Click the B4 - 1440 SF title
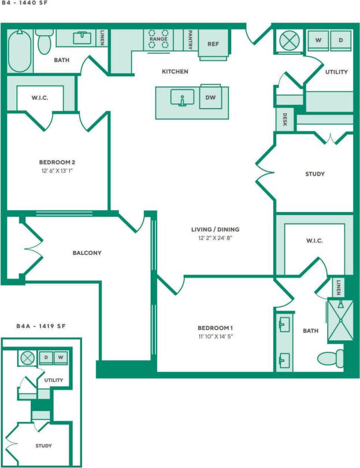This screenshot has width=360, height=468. point(24,4)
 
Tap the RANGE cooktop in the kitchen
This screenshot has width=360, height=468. point(158,39)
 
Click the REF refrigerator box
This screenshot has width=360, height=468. point(213,44)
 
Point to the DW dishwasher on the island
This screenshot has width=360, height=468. point(211,98)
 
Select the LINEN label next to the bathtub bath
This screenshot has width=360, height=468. point(102,38)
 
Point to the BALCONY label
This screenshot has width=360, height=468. point(87,252)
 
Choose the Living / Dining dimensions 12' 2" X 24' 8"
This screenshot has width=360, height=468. point(215,238)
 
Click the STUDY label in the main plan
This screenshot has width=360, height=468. point(314,174)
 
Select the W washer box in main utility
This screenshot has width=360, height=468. point(318,40)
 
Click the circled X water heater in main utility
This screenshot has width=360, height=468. point(287,41)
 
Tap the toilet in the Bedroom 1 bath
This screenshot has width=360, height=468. point(328,359)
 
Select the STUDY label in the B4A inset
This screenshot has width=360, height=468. point(43,445)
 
